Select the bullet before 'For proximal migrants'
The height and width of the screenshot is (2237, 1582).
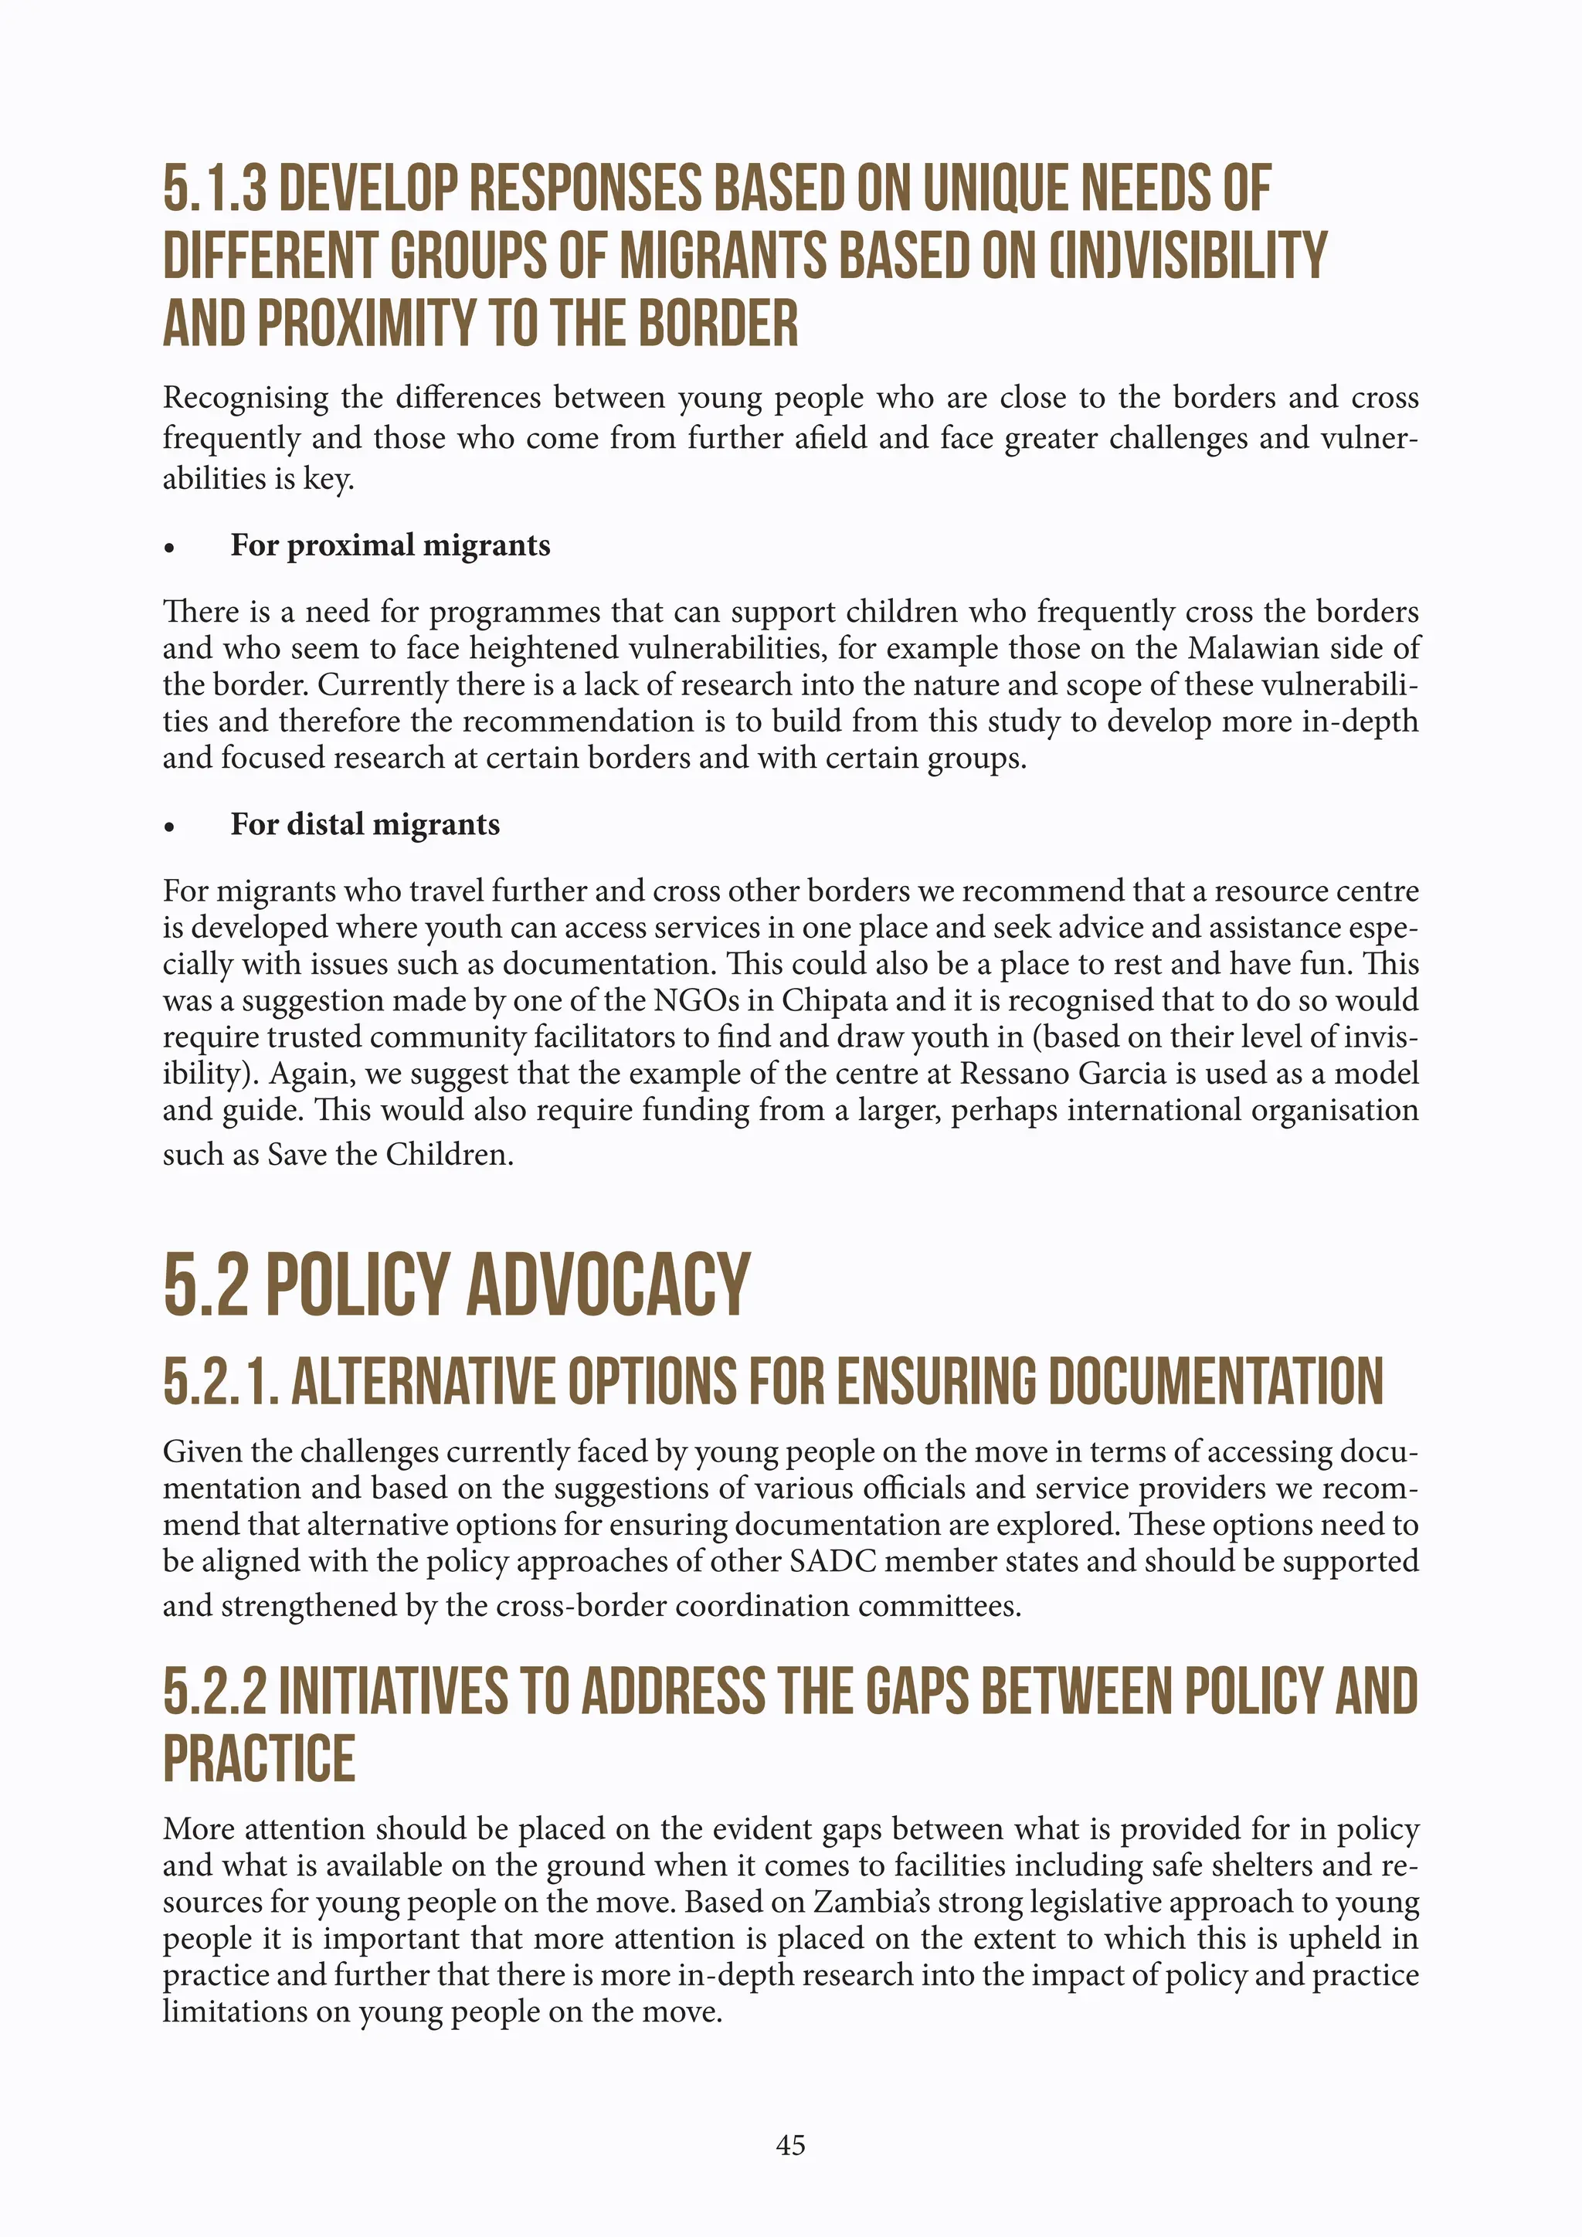[169, 549]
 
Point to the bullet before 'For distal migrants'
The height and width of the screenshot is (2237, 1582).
[169, 828]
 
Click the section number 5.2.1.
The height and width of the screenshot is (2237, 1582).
[221, 1382]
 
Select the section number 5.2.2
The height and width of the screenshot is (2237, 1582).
[214, 1692]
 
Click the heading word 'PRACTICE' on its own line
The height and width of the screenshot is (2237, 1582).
[259, 1759]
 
